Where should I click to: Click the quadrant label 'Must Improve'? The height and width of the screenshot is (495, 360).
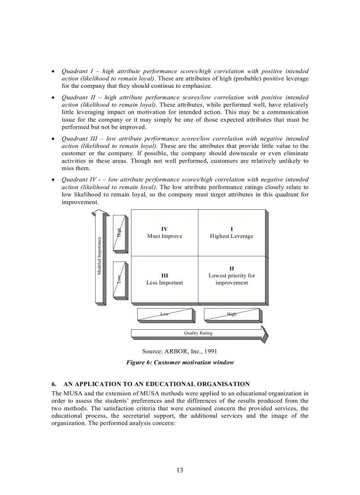click(x=165, y=236)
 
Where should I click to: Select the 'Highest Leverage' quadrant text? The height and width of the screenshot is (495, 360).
click(x=232, y=236)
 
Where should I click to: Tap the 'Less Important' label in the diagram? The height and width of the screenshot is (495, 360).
click(x=165, y=283)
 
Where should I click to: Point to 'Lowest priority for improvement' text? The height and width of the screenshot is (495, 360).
click(x=232, y=279)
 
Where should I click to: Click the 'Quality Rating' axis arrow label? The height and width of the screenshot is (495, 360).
click(x=198, y=333)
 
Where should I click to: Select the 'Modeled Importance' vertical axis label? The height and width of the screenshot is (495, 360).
click(x=99, y=256)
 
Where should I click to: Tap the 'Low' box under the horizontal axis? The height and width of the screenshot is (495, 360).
click(x=165, y=314)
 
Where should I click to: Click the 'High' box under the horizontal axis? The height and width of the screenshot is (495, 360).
click(x=232, y=314)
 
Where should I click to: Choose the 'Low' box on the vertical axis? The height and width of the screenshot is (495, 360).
click(x=119, y=279)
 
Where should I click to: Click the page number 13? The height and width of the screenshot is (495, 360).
click(x=180, y=470)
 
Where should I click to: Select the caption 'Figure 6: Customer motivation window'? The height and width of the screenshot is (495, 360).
click(x=180, y=363)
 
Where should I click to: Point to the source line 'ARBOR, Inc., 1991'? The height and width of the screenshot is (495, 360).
click(x=180, y=351)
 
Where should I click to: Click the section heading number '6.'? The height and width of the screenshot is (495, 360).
click(x=54, y=384)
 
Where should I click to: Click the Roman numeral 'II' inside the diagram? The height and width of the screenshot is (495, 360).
click(x=232, y=268)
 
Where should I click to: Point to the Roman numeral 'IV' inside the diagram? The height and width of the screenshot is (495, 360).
click(x=165, y=229)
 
